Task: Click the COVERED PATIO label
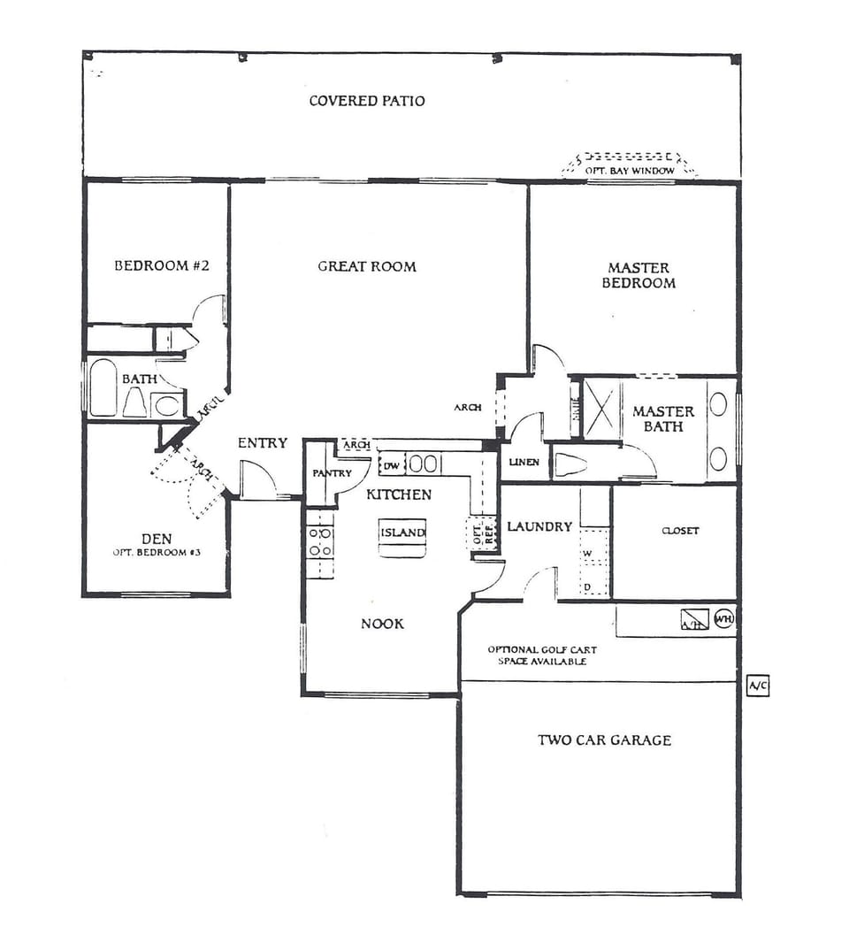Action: pos(366,101)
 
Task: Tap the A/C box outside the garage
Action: pos(758,686)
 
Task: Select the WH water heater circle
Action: pos(723,618)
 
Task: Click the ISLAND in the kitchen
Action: pos(402,533)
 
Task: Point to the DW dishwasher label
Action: pos(390,464)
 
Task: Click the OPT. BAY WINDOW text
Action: pos(630,170)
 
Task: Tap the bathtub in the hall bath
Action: pos(103,387)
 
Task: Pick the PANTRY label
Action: pos(332,474)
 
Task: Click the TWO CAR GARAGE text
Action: pos(604,739)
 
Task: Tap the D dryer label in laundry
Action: pos(586,586)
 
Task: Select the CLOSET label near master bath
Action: pos(680,531)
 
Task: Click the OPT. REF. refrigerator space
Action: pos(483,533)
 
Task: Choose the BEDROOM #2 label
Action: pos(162,265)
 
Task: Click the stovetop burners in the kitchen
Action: pos(319,542)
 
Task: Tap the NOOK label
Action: pos(382,624)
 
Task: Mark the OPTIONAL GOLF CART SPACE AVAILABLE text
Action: pos(541,655)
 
